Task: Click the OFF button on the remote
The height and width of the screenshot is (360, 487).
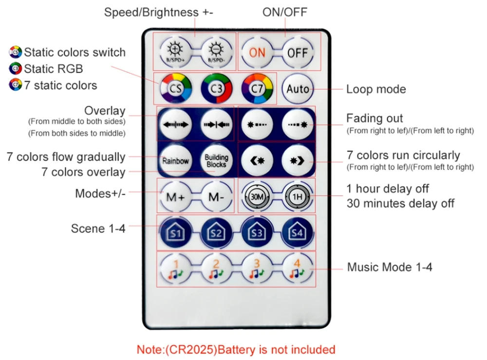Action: [298, 52]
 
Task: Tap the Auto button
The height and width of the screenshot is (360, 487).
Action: [298, 89]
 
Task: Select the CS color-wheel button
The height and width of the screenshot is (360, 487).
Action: [175, 89]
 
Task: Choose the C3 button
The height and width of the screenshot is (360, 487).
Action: [216, 89]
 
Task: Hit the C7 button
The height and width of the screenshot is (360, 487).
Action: [257, 89]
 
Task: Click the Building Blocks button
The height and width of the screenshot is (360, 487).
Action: [216, 161]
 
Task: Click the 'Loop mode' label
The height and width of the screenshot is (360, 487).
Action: [376, 89]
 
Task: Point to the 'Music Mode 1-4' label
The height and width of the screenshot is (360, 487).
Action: [390, 267]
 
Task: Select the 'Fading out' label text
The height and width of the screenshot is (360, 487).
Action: [375, 118]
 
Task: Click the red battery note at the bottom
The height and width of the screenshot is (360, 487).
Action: [236, 349]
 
